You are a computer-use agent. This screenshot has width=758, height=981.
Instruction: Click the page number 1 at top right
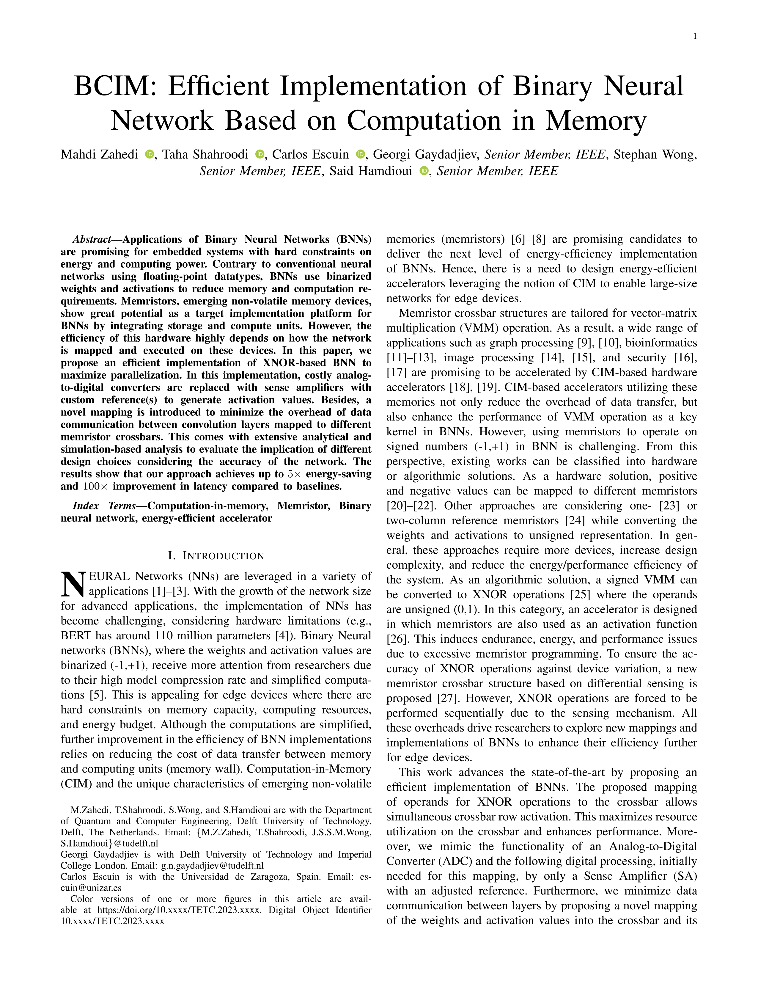[x=695, y=36]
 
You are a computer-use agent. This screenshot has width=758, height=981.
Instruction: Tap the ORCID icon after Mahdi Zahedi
[x=150, y=155]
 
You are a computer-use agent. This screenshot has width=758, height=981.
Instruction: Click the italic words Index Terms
[x=104, y=506]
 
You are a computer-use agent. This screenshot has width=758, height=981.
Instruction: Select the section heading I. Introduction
[x=216, y=556]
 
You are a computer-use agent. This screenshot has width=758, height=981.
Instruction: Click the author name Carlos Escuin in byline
[x=310, y=155]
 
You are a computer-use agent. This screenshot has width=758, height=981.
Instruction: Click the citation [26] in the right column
[x=397, y=639]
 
